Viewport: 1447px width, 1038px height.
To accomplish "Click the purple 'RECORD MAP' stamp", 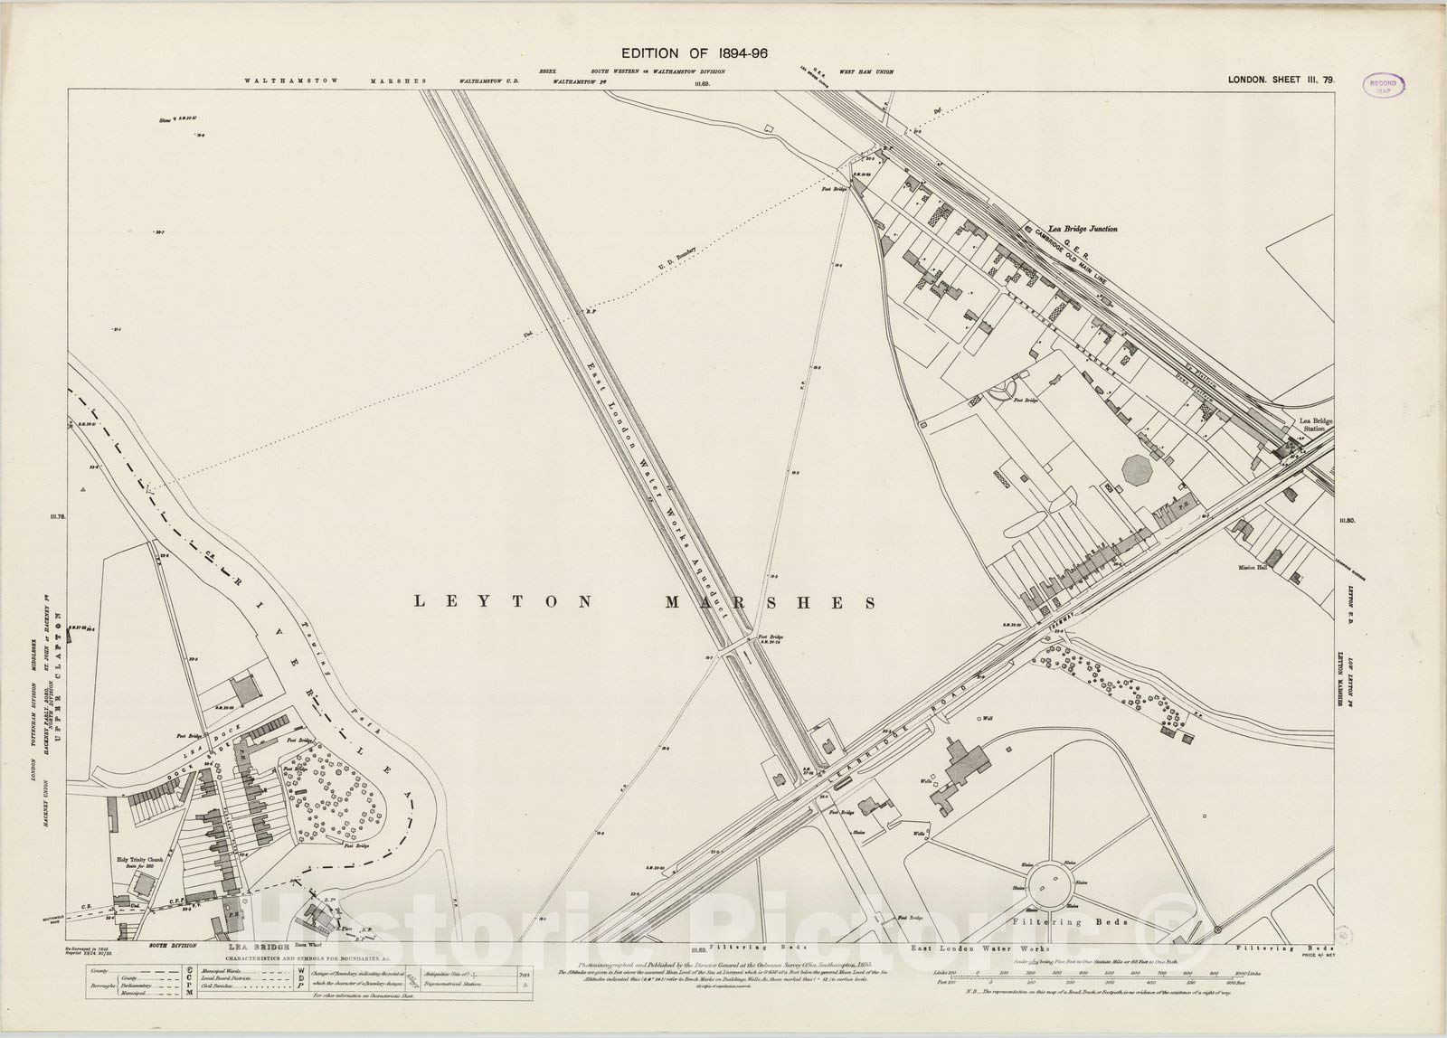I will (x=1384, y=86).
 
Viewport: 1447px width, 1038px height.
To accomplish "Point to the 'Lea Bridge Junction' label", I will (x=1082, y=230).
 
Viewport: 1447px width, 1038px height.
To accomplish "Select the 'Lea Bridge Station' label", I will (x=1316, y=426).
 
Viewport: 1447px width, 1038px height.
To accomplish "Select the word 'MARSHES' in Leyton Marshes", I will (x=795, y=602).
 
